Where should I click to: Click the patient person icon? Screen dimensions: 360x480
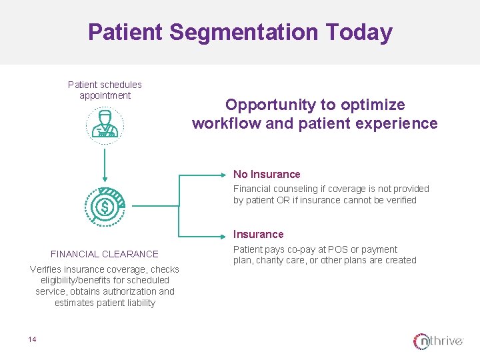click(104, 125)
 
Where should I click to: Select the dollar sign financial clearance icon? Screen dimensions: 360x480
click(104, 207)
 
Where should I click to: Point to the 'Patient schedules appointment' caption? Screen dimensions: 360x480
click(105, 90)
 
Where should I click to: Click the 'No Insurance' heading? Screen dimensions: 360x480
click(267, 175)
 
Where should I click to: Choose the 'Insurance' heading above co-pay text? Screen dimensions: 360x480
click(258, 235)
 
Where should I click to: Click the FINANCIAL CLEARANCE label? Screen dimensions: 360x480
click(105, 254)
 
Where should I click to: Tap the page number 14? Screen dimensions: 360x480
click(32, 340)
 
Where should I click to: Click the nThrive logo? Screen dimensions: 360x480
click(438, 341)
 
